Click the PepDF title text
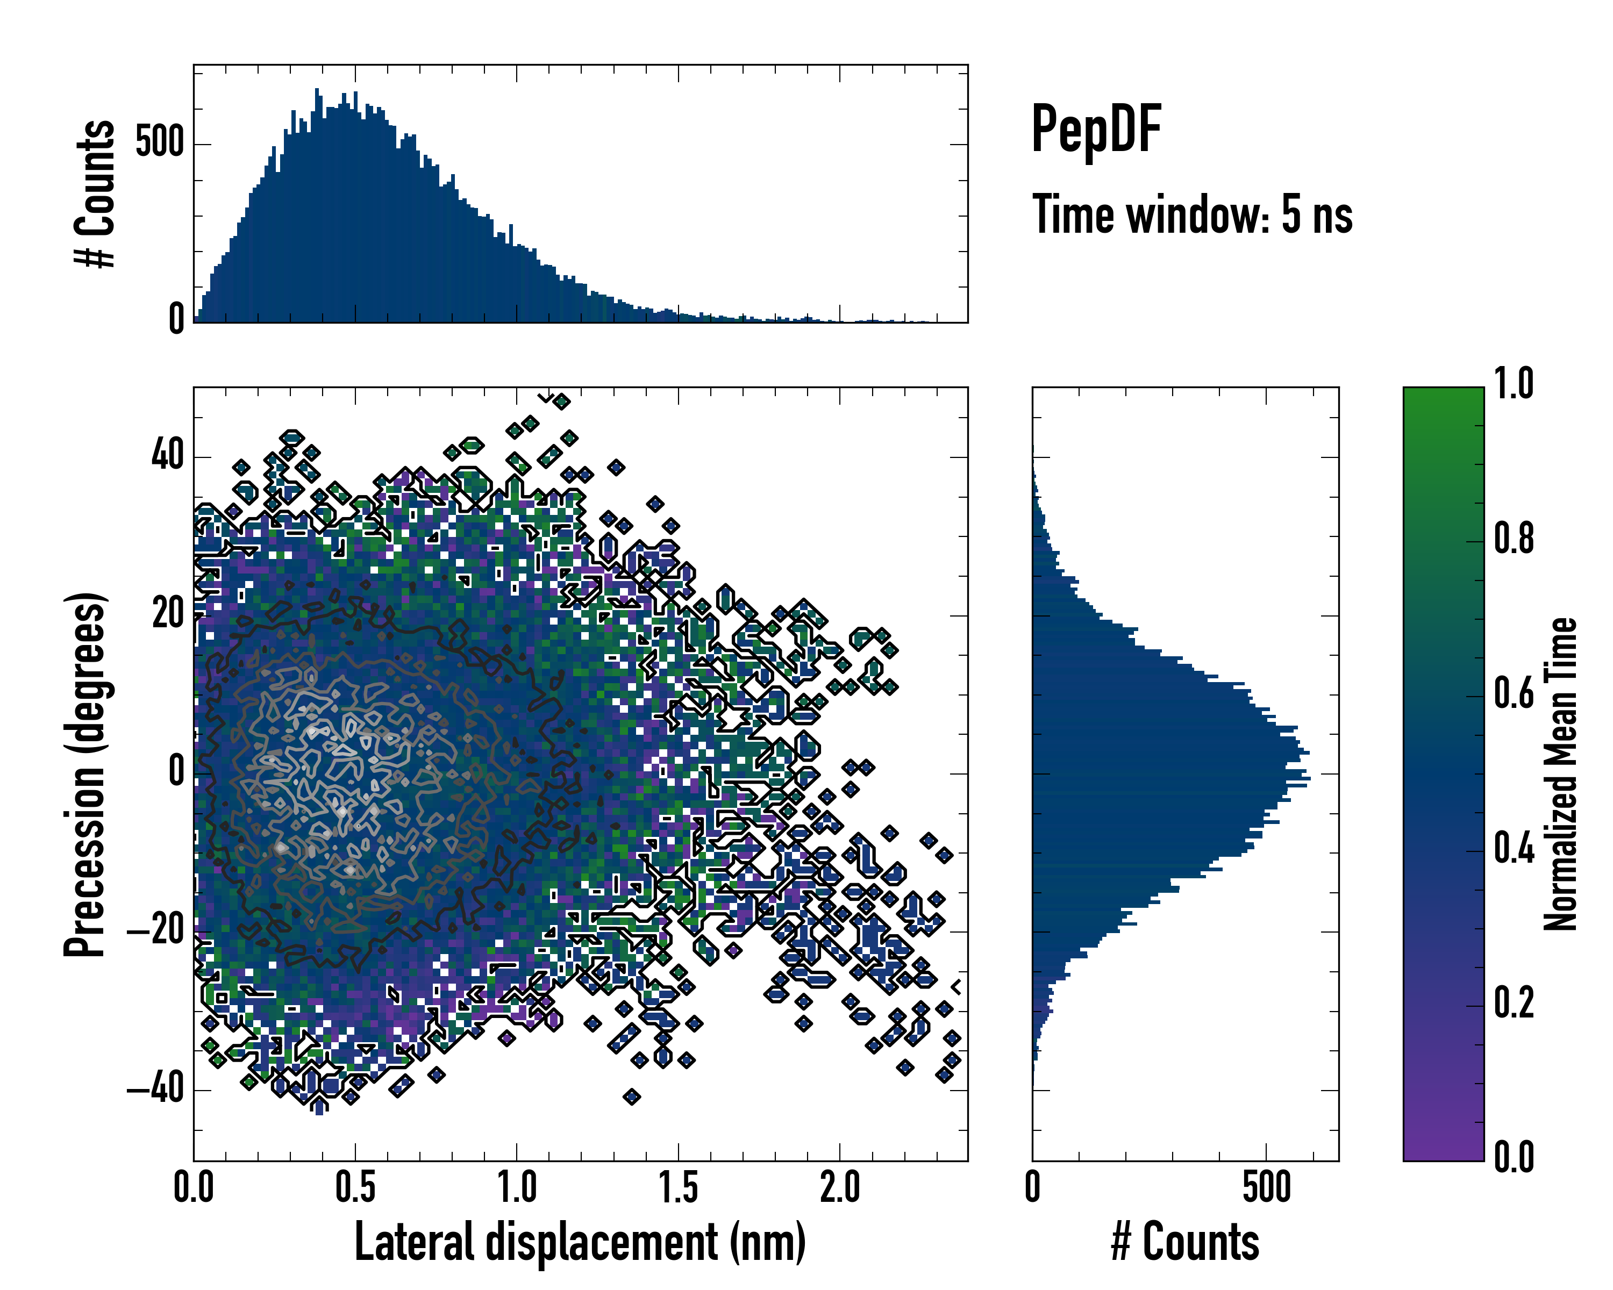pos(1096,130)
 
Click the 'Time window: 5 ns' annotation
pos(1193,216)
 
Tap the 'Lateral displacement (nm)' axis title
pos(580,1242)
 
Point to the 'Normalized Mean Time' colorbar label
pos(1561,774)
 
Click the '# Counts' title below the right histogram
pos(1185,1242)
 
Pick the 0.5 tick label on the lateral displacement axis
pos(355,1187)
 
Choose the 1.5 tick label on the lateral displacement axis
pos(678,1187)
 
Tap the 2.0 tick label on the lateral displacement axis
pos(839,1187)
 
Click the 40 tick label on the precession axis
pos(168,455)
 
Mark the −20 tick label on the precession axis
pos(157,930)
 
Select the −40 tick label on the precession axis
pos(157,1089)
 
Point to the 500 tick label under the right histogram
pos(1267,1187)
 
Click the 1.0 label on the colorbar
pos(1514,384)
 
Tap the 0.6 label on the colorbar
pos(1514,693)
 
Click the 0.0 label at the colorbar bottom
pos(1514,1157)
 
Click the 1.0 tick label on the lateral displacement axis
pos(516,1187)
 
